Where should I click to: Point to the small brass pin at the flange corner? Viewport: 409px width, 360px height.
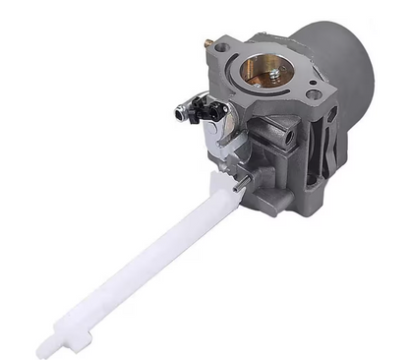pos(209,42)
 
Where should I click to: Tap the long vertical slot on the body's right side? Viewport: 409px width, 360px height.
pos(332,148)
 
